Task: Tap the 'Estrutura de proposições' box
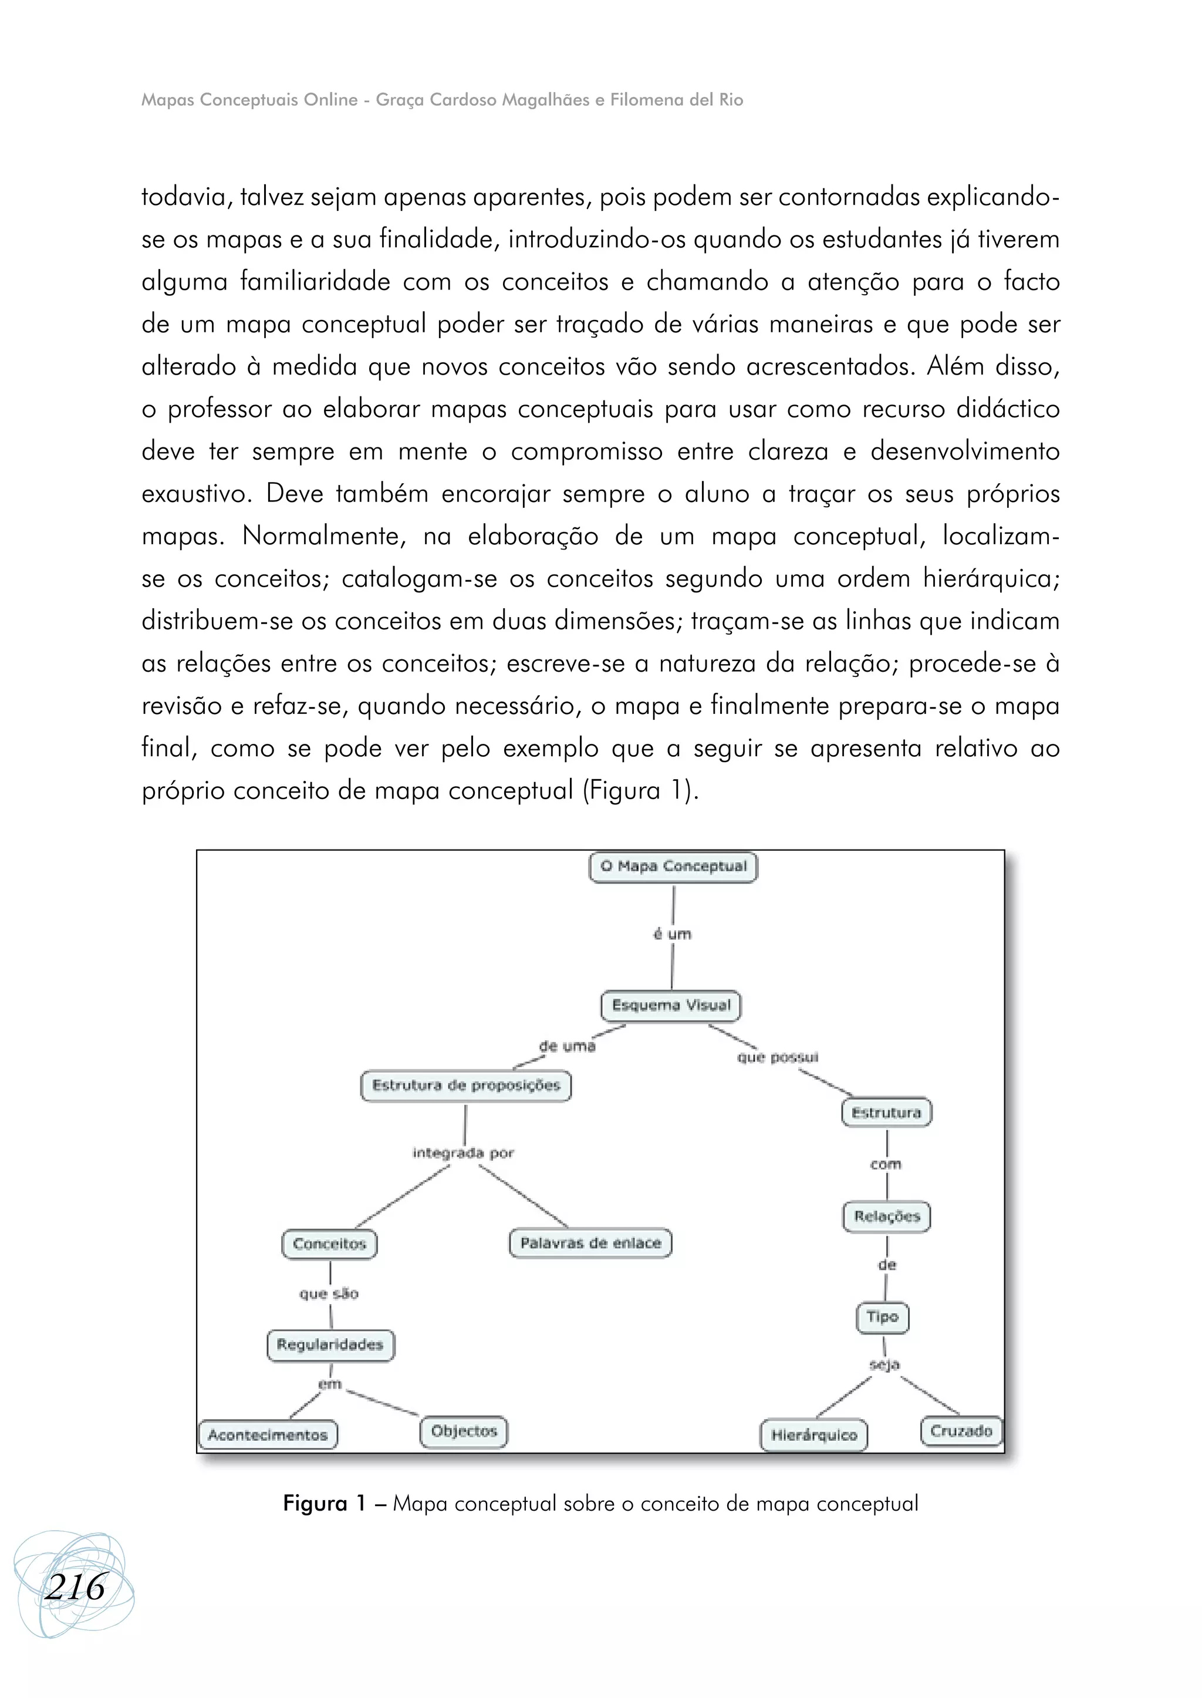click(x=465, y=1086)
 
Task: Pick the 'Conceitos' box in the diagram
click(x=329, y=1244)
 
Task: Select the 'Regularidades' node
click(x=330, y=1345)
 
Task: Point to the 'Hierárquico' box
click(x=813, y=1435)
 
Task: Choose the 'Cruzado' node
click(x=961, y=1431)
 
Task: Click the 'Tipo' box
click(x=882, y=1316)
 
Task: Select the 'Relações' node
click(x=887, y=1216)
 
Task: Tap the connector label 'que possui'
click(x=777, y=1057)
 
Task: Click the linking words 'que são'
click(x=329, y=1293)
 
